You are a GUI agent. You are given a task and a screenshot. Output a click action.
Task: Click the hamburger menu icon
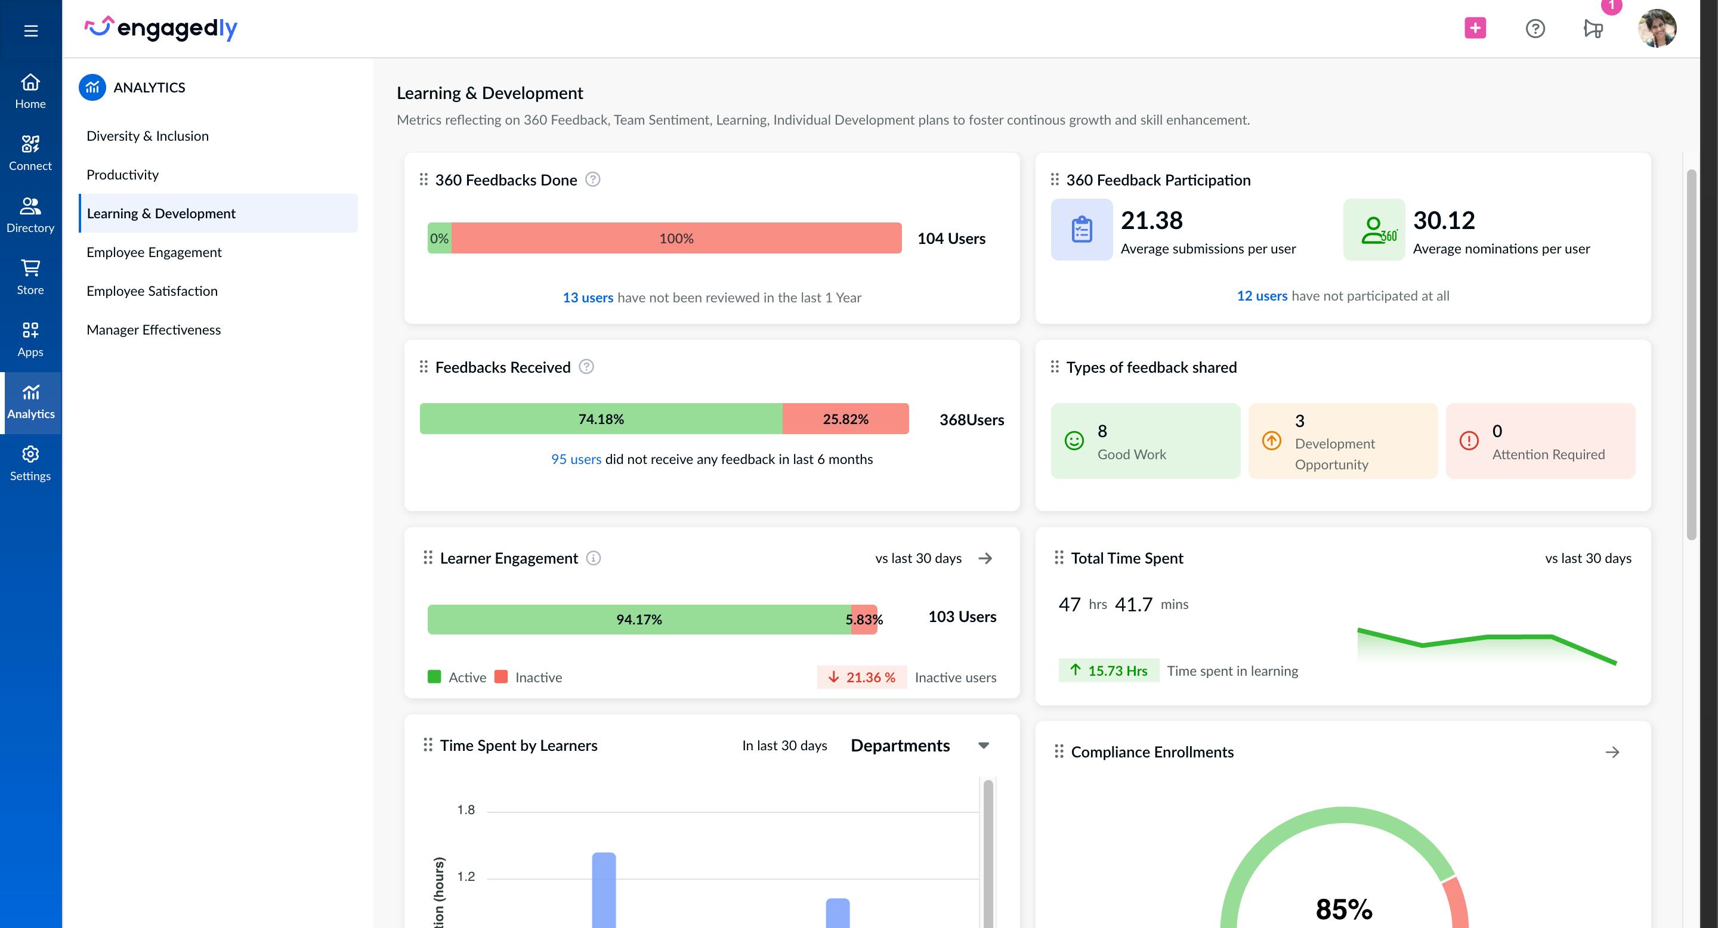pyautogui.click(x=30, y=30)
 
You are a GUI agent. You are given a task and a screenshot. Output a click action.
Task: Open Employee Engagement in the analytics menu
pyautogui.click(x=154, y=252)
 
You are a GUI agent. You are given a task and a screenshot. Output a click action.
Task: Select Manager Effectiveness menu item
pyautogui.click(x=153, y=329)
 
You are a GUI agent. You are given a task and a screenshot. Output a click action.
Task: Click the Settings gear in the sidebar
pyautogui.click(x=30, y=454)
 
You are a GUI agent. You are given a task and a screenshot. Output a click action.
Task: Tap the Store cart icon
pyautogui.click(x=30, y=268)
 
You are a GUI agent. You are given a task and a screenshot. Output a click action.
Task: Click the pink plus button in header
pyautogui.click(x=1475, y=28)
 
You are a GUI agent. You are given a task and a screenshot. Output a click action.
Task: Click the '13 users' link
pyautogui.click(x=588, y=298)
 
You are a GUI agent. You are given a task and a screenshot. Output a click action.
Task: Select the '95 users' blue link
pyautogui.click(x=576, y=459)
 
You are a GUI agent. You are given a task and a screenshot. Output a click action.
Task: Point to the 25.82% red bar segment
pyautogui.click(x=845, y=419)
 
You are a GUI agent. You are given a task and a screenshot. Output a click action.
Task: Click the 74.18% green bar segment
pyautogui.click(x=600, y=419)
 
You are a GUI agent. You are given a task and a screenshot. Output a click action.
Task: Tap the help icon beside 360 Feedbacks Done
pyautogui.click(x=592, y=180)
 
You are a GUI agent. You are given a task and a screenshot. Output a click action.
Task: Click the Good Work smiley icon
pyautogui.click(x=1074, y=441)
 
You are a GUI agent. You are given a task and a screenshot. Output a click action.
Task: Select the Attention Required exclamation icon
pyautogui.click(x=1469, y=441)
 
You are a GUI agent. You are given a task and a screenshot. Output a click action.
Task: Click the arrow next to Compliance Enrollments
pyautogui.click(x=1612, y=752)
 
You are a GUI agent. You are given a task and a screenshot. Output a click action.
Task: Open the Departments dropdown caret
pyautogui.click(x=983, y=746)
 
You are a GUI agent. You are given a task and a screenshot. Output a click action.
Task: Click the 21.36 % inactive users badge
pyautogui.click(x=861, y=678)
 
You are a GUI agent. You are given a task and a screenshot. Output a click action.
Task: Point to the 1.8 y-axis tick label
pyautogui.click(x=465, y=809)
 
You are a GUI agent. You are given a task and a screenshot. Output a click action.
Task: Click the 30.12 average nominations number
pyautogui.click(x=1443, y=221)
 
